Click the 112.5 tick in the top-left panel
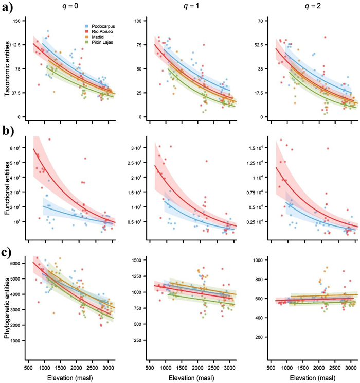click(x=19, y=45)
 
